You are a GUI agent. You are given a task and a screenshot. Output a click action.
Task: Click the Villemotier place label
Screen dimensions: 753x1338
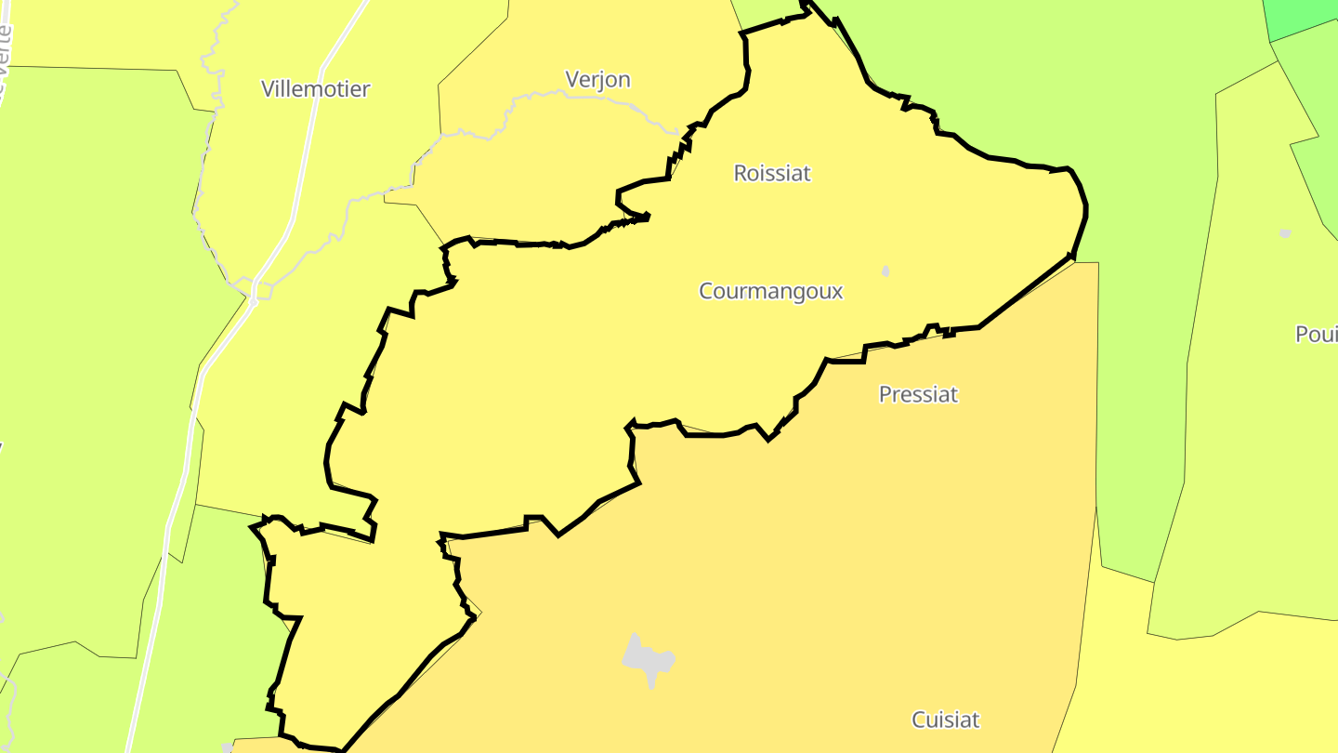click(315, 89)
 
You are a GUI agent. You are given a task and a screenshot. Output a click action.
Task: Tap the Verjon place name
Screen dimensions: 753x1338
click(598, 80)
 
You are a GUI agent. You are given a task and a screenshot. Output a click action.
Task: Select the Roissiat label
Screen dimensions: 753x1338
click(772, 173)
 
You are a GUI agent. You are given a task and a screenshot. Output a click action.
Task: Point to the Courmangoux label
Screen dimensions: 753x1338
click(770, 291)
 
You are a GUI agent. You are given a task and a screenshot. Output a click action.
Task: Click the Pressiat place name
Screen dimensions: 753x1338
click(918, 394)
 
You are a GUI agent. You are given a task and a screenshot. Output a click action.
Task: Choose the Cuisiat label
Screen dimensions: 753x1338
click(946, 720)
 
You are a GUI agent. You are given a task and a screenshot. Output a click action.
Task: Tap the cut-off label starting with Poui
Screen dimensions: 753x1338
click(1316, 335)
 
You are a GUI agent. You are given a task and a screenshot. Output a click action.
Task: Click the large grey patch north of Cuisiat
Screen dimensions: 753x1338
click(648, 660)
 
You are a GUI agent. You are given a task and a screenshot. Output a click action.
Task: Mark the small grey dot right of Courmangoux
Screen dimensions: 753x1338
click(885, 271)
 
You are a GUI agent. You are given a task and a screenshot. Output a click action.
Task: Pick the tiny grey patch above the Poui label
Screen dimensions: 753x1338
click(1285, 232)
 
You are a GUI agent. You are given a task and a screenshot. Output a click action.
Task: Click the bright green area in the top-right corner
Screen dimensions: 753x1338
click(1301, 17)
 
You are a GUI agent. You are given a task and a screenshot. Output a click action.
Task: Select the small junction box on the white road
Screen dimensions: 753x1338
click(262, 291)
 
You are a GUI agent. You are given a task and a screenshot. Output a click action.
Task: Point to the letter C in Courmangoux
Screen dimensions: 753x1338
click(706, 291)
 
